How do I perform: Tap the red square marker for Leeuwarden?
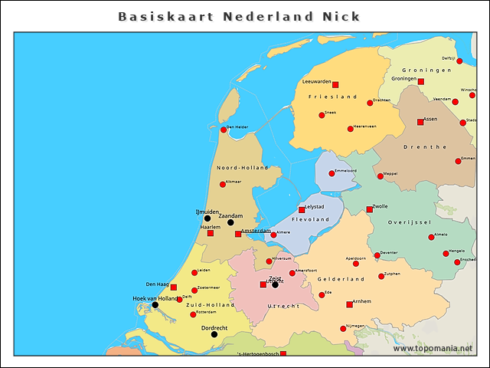(x=335, y=85)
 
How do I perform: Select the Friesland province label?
(x=333, y=97)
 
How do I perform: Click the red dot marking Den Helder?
(x=224, y=130)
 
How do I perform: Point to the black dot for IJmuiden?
(x=207, y=219)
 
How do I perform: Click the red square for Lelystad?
(x=302, y=209)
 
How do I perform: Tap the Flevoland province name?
(x=310, y=220)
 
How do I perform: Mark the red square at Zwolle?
(x=369, y=209)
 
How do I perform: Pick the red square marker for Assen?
(x=420, y=122)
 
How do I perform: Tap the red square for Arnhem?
(x=350, y=304)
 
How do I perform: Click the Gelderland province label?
(x=341, y=280)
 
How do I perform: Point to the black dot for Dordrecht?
(x=214, y=334)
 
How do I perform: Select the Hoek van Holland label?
(x=155, y=298)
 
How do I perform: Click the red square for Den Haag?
(x=174, y=287)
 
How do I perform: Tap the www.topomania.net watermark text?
(x=433, y=349)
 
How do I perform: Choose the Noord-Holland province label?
(x=242, y=168)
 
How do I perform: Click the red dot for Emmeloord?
(x=332, y=173)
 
